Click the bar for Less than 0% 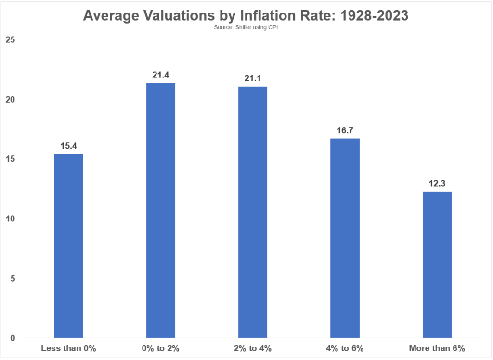coord(69,245)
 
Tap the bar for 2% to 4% coord(253,212)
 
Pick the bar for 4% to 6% coord(345,238)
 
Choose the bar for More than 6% coord(437,264)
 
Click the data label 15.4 coord(69,145)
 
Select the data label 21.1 coord(253,77)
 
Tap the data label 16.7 coord(345,130)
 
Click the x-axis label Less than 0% coord(69,348)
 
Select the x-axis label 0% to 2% coord(161,348)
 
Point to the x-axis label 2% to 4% coord(253,348)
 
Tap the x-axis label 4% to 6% coord(345,348)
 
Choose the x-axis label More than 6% coord(437,348)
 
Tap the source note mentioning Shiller coord(246,27)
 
